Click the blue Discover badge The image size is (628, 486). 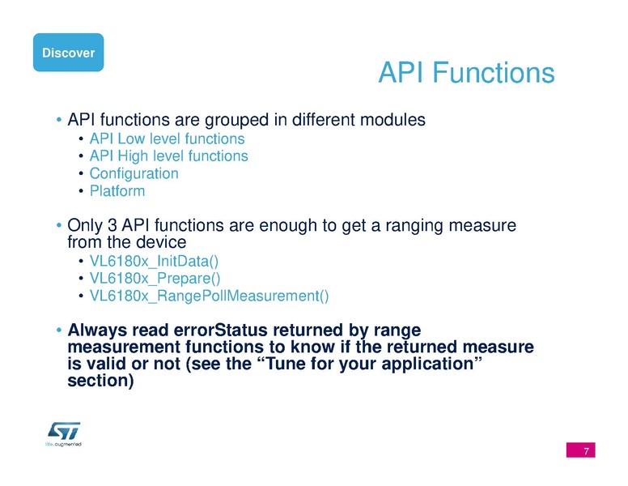tap(68, 53)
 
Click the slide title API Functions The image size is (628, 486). tap(465, 74)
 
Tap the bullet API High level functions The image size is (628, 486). tap(168, 156)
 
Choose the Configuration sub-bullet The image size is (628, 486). tap(134, 173)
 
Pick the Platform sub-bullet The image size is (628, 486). tap(117, 191)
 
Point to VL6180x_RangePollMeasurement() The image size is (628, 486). tap(209, 296)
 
